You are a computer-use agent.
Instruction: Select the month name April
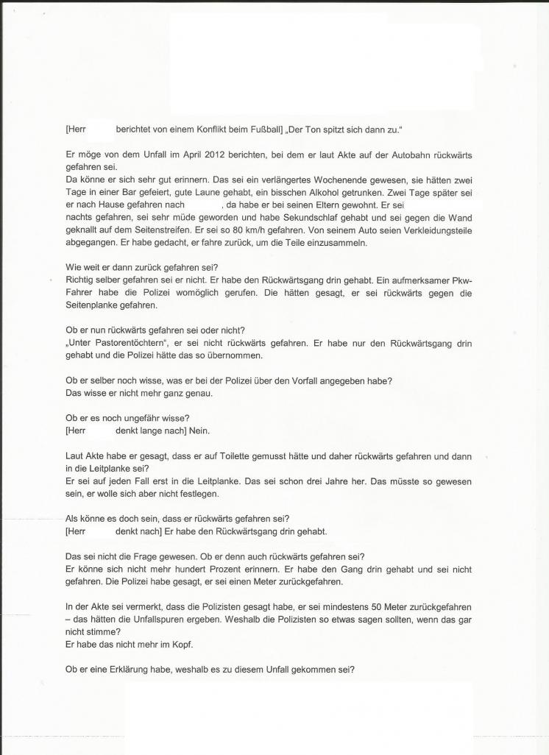point(196,155)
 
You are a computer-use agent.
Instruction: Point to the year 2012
point(222,155)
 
